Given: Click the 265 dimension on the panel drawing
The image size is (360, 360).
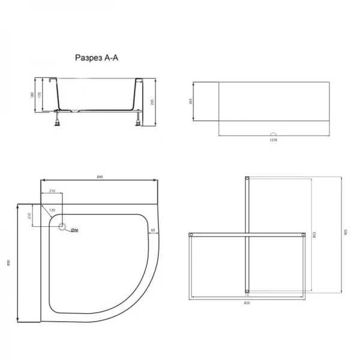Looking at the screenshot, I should pyautogui.click(x=190, y=101).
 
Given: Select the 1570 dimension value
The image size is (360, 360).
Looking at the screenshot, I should pyautogui.click(x=273, y=140).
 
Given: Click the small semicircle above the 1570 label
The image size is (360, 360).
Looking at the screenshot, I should pyautogui.click(x=273, y=134).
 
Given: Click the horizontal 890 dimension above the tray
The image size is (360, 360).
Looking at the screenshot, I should pyautogui.click(x=100, y=176).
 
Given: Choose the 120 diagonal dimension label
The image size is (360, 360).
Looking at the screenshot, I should pyautogui.click(x=52, y=211).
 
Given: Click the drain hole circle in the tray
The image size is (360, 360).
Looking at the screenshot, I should pyautogui.click(x=62, y=228).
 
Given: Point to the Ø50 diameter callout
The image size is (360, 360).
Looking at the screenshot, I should pyautogui.click(x=75, y=230).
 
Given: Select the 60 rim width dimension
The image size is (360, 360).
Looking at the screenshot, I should pyautogui.click(x=154, y=230).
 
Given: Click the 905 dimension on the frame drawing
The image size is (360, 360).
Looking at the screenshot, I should pyautogui.click(x=346, y=235).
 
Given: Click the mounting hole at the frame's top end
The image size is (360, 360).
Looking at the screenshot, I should pyautogui.click(x=247, y=178).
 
